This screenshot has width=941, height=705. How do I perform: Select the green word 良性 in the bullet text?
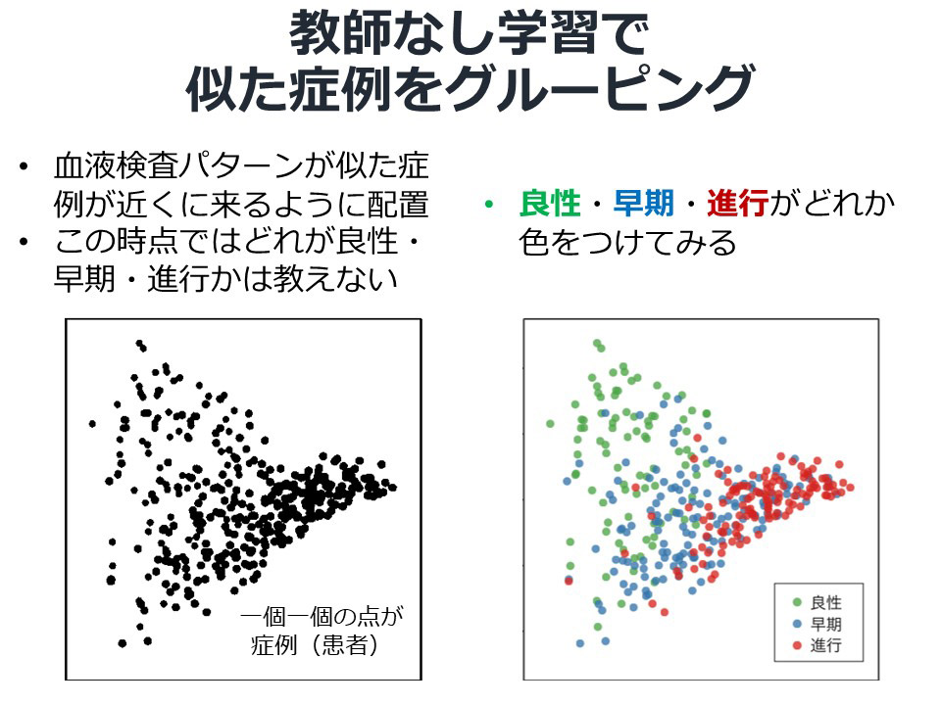(550, 204)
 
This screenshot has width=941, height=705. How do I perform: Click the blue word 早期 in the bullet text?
(643, 204)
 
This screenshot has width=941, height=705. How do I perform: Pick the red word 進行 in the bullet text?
(737, 204)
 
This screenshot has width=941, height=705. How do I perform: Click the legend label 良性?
(825, 602)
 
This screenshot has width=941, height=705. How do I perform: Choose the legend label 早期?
(825, 624)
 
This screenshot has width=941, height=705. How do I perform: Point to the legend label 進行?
(825, 645)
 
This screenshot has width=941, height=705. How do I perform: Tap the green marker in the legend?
(797, 602)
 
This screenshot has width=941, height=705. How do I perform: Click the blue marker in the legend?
(797, 624)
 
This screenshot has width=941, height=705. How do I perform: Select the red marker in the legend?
(797, 645)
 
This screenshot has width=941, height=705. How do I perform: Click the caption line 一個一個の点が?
(322, 616)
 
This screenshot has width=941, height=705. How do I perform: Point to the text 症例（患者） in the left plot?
(315, 644)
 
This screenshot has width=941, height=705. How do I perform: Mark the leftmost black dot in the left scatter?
(92, 424)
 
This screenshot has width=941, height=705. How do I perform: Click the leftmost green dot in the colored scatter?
(550, 424)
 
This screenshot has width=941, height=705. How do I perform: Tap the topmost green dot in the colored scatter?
(597, 344)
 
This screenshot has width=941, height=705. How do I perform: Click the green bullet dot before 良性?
(489, 205)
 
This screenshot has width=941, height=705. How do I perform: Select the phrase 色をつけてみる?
(627, 242)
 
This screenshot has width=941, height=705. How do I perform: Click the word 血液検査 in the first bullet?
(117, 165)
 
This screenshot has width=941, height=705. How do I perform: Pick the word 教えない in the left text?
(335, 279)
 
